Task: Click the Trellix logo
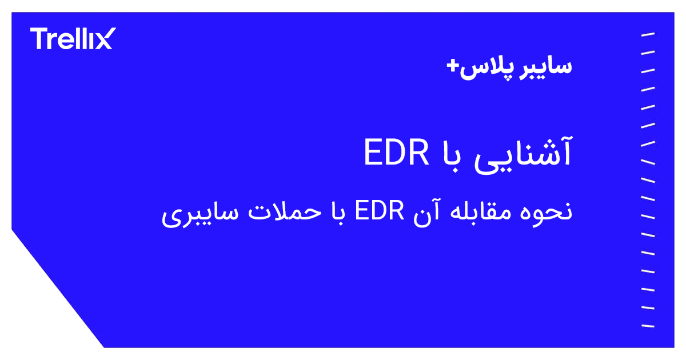(x=72, y=38)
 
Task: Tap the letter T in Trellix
(x=39, y=38)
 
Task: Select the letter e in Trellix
(x=65, y=40)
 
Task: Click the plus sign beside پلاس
(x=453, y=66)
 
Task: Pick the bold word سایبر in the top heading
(x=546, y=66)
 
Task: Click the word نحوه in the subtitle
(x=551, y=212)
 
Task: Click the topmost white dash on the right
(x=648, y=35)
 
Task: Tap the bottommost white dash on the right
(x=648, y=326)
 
